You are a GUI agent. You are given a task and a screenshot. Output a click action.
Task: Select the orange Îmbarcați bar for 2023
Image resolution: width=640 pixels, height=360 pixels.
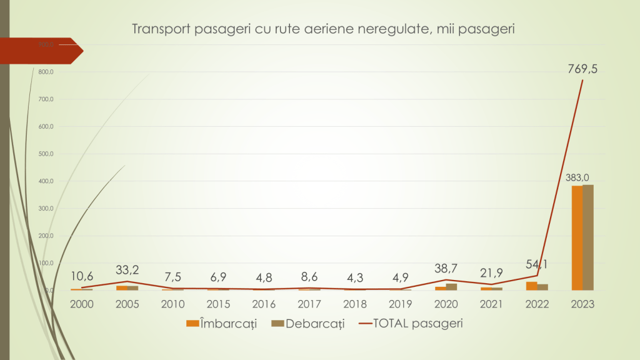coord(576,238)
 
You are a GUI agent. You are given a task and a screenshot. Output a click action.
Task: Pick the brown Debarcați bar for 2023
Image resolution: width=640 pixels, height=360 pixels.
coord(588,237)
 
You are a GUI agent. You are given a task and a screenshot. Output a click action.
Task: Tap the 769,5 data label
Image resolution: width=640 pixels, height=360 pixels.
coord(582,69)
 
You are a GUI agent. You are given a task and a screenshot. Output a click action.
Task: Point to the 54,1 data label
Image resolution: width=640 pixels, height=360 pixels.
coord(537,264)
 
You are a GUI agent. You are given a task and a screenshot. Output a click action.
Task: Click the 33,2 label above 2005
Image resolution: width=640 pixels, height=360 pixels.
coord(127,269)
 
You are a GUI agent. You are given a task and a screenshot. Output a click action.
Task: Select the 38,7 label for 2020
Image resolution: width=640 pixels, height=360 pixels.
coord(446,269)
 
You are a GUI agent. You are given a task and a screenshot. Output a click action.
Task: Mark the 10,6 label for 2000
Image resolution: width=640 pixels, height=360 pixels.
coord(81,276)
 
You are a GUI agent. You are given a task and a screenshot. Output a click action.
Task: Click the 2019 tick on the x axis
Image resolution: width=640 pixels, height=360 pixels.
coord(400,304)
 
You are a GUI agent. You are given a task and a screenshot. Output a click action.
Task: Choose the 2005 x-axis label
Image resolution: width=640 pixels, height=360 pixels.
coord(127,304)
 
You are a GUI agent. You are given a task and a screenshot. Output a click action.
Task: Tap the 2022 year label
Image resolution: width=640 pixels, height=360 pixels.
coord(536,304)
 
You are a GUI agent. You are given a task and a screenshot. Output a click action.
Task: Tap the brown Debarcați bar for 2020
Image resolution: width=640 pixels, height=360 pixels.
coord(452,287)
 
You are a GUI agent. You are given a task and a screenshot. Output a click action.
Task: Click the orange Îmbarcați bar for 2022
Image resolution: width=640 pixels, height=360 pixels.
coord(531,286)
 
